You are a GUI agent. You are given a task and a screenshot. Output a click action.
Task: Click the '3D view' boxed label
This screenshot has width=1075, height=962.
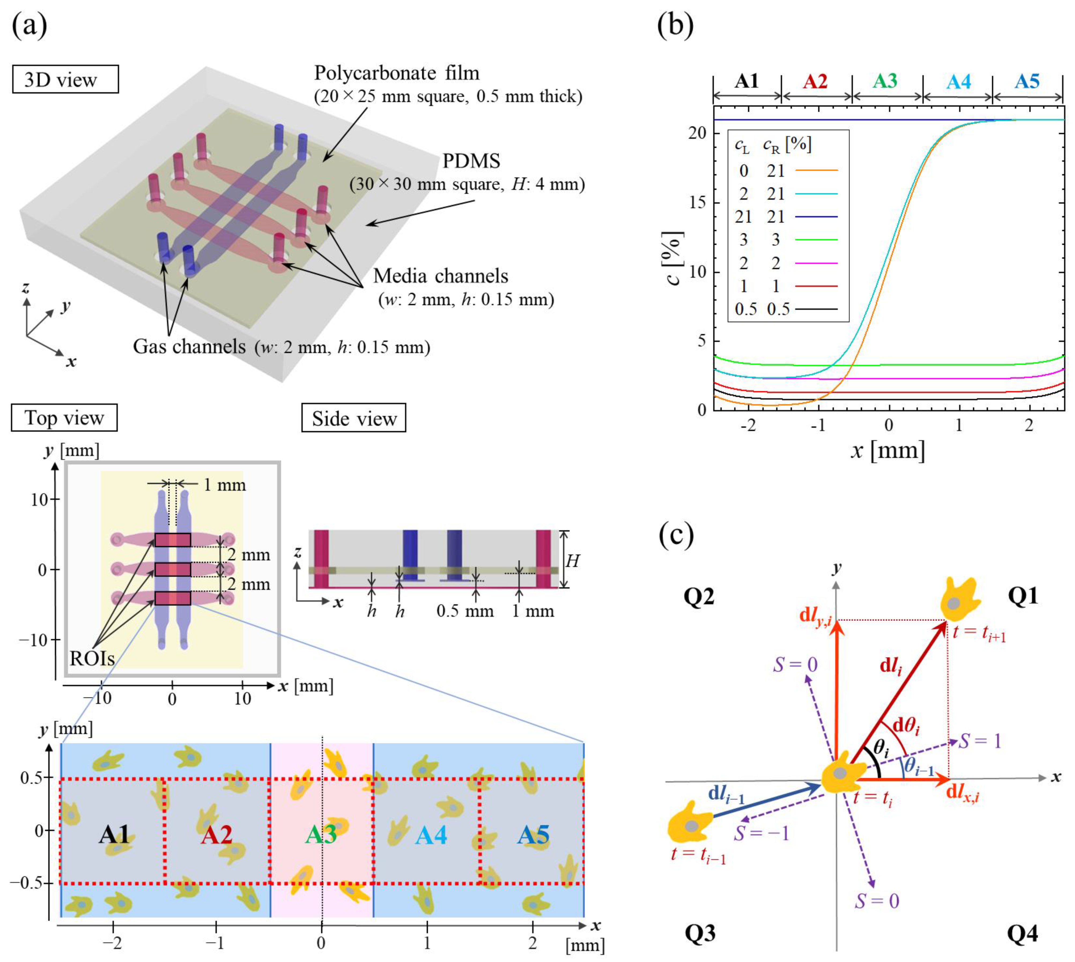[65, 79]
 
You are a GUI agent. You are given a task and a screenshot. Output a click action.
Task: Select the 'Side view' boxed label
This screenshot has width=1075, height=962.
[353, 419]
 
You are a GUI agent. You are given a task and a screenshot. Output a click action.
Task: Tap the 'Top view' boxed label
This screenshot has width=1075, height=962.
[64, 418]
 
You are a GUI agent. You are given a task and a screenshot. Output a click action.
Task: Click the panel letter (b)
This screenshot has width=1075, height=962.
[675, 25]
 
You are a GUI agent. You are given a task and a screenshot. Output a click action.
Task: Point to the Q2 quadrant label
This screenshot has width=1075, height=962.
[699, 597]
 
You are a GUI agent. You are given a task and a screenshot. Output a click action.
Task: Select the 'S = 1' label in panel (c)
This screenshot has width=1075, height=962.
[980, 741]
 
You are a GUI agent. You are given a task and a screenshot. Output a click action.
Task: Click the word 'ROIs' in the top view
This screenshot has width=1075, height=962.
[92, 659]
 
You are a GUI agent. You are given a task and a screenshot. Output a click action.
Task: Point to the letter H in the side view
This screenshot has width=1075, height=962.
[572, 561]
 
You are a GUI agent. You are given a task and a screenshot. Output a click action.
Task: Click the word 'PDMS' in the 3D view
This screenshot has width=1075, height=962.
[471, 161]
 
